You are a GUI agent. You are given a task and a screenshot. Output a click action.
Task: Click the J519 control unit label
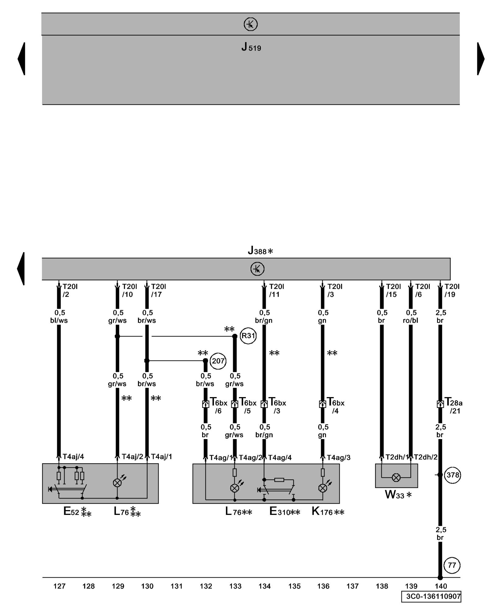point(251,47)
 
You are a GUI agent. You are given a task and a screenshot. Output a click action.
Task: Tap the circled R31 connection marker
point(248,336)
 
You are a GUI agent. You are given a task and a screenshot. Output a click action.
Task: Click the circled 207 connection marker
point(218,361)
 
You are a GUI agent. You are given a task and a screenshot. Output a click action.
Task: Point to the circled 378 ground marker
point(453,475)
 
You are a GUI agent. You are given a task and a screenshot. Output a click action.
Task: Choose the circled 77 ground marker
point(452,565)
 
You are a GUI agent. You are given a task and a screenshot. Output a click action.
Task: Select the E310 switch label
point(284,512)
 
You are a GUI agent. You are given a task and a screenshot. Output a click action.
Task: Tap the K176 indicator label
point(328,512)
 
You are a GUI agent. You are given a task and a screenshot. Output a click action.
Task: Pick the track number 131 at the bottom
point(177,586)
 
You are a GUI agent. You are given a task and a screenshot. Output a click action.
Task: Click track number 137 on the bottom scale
point(352,586)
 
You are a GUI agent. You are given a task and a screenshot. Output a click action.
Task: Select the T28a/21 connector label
point(453,407)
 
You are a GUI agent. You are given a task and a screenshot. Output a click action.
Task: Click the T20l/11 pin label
point(276,290)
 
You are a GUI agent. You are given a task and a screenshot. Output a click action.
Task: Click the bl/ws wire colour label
point(59,320)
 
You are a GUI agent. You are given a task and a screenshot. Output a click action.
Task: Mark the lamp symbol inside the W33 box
point(396,478)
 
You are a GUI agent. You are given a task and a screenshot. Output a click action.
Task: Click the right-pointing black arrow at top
point(481,59)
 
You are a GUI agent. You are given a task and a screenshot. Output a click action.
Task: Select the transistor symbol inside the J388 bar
point(257,269)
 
